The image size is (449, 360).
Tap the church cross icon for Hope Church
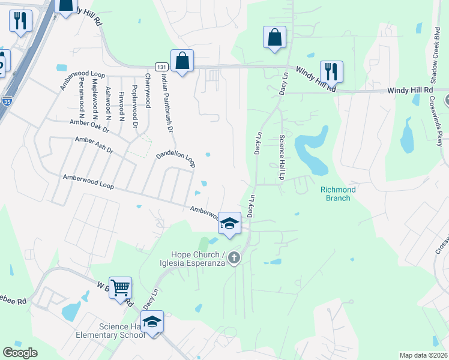tap(234, 259)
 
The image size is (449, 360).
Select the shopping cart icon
tap(120, 287)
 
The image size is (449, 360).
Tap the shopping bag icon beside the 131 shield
tap(182, 60)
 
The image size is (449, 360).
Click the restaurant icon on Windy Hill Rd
tap(331, 71)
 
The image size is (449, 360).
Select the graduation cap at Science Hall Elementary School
tap(152, 322)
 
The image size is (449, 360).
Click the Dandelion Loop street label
tap(176, 158)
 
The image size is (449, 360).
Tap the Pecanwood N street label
tap(82, 96)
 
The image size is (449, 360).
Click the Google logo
tap(20, 353)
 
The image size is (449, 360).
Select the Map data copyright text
tap(423, 355)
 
